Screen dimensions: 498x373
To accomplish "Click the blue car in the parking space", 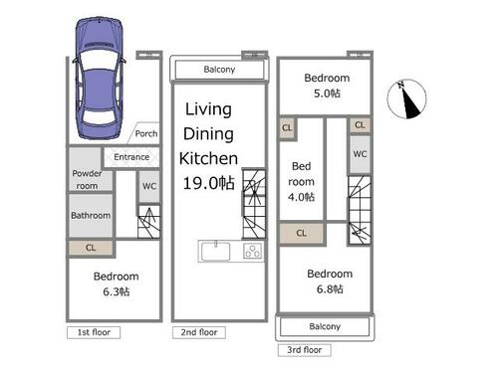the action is [x=100, y=78].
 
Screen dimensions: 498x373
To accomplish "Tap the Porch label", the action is [x=146, y=133].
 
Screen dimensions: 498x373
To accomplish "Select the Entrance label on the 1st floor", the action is [x=131, y=157].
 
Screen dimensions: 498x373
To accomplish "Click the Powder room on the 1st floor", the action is [x=87, y=179].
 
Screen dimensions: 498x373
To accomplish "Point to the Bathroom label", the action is [x=91, y=216].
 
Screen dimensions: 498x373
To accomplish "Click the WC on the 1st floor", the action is [x=149, y=186].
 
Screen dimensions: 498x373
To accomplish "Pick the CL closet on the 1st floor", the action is [x=91, y=248].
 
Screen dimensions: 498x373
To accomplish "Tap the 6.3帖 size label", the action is [x=117, y=291].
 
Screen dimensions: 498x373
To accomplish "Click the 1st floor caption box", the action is [x=94, y=332].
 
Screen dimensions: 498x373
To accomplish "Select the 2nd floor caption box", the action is [x=199, y=332].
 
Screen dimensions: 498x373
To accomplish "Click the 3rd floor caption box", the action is [x=305, y=350].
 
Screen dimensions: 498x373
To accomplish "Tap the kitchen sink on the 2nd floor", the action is [x=215, y=252].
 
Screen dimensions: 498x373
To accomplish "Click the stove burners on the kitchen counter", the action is [x=253, y=251].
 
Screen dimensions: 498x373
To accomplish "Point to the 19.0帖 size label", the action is [x=209, y=183].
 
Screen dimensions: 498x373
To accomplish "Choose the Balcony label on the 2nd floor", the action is [x=219, y=70].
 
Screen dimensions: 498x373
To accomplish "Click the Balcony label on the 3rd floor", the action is [x=325, y=326].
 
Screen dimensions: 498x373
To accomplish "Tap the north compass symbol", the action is [x=406, y=98].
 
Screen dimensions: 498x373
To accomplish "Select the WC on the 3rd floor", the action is [x=360, y=154].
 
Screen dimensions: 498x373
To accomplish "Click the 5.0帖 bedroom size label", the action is [x=327, y=93].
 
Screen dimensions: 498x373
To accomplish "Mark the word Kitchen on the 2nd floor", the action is [x=208, y=158].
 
